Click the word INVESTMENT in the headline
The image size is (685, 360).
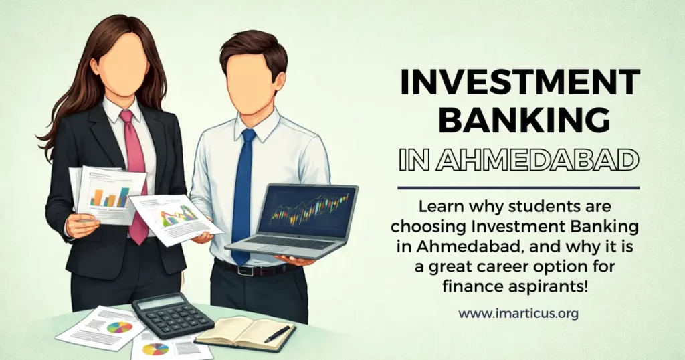[x=518, y=84]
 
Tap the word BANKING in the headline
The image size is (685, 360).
[x=518, y=120]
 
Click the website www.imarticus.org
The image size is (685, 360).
[x=518, y=312]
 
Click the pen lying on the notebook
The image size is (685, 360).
[x=277, y=333]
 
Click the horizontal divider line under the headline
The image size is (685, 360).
[x=518, y=188]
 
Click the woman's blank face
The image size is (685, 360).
[x=124, y=67]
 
